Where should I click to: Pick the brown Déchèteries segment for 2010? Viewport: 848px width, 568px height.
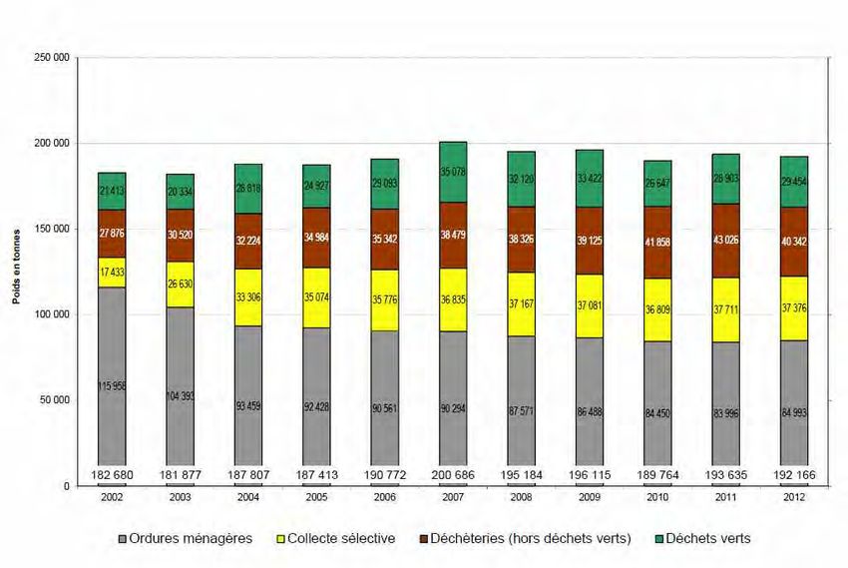point(657,243)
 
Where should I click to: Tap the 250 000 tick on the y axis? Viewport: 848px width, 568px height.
point(51,58)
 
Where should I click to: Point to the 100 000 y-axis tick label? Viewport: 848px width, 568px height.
point(51,315)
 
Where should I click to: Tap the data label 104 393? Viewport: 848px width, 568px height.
point(181,396)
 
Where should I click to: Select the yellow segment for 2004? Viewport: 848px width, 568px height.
point(248,297)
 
